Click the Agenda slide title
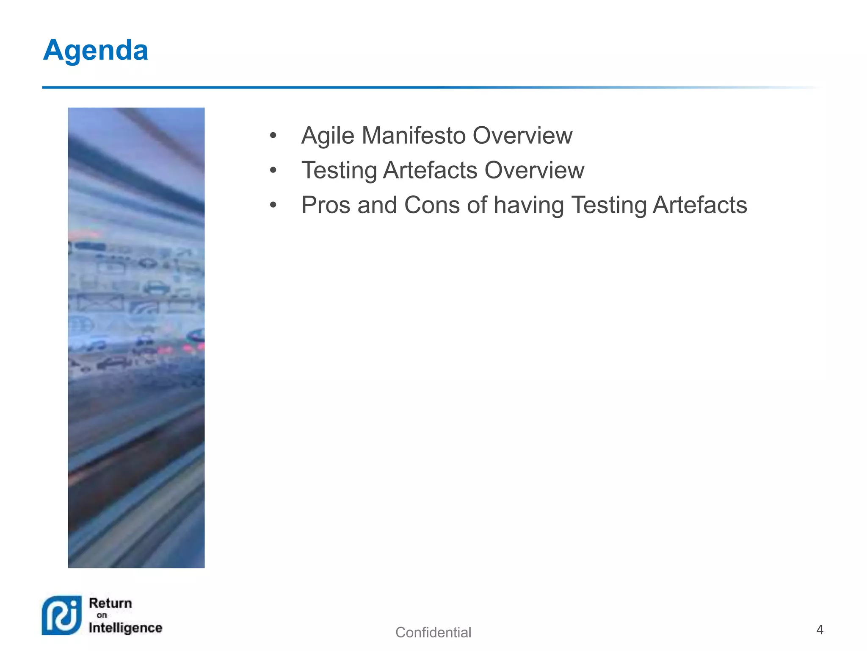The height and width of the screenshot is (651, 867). point(96,50)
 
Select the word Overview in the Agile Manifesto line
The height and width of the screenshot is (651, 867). point(522,136)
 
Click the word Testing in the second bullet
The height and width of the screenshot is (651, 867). point(339,171)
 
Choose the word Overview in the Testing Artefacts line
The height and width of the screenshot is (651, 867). point(534,170)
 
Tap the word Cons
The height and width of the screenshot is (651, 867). point(432,205)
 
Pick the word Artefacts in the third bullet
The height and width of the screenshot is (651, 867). point(700,205)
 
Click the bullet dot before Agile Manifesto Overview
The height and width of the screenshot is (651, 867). point(273,136)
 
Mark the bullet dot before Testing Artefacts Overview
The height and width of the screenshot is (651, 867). point(273,171)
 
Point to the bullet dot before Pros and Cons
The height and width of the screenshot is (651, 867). point(273,206)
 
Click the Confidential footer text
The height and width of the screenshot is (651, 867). point(433,632)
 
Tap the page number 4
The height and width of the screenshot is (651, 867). point(820,630)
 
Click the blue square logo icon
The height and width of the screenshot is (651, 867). point(62,615)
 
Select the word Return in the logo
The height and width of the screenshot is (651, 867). point(110,603)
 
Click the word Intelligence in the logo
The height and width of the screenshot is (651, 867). point(125,628)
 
